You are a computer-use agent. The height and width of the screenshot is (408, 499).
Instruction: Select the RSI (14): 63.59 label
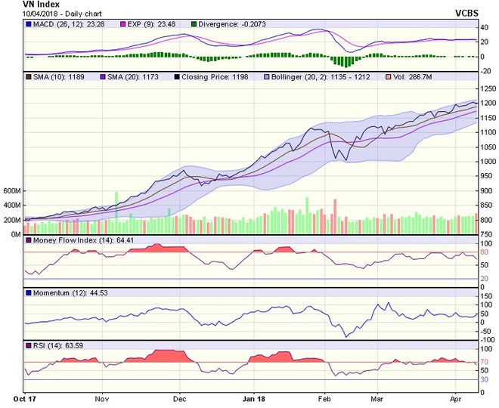click(x=52, y=345)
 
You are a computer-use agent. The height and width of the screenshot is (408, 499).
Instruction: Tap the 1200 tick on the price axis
click(x=488, y=103)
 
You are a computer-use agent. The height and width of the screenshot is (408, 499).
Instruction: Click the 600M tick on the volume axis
click(x=11, y=191)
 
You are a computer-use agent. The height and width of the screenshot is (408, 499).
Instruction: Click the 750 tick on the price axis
click(x=486, y=235)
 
